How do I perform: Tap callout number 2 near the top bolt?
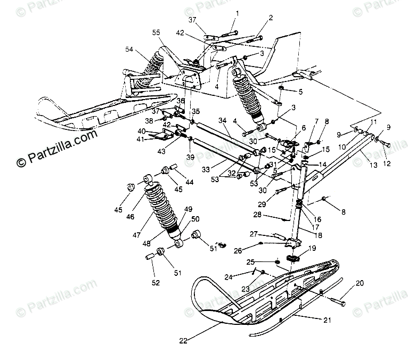tap(271, 18)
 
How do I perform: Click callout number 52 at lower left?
tap(156, 283)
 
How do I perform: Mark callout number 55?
tap(156, 33)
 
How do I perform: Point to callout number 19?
tap(312, 248)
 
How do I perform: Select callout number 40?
tap(142, 131)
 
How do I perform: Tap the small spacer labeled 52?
tap(150, 256)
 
